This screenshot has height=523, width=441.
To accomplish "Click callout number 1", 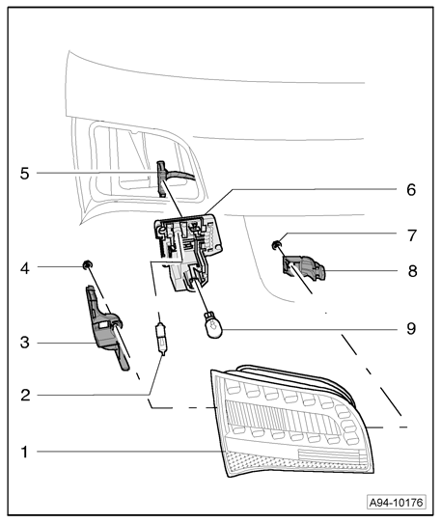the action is (24, 453).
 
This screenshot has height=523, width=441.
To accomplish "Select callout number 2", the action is (25, 396).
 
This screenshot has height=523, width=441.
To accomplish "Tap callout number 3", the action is (25, 343).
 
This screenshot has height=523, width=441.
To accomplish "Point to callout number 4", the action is (25, 268).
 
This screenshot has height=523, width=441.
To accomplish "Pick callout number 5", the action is (25, 174).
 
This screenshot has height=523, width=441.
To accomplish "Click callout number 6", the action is (411, 190).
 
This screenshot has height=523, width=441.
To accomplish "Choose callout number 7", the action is (412, 235).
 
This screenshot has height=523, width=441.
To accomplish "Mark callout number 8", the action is (413, 271).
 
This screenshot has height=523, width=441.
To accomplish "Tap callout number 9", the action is (411, 328).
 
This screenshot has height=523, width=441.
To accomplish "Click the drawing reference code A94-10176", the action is (397, 503).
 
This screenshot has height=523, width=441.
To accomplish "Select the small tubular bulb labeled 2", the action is (161, 339).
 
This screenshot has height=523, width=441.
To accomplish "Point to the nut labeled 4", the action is (88, 264).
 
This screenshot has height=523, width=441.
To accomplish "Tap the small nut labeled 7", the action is (276, 246).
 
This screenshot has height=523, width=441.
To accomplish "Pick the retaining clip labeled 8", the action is (304, 267).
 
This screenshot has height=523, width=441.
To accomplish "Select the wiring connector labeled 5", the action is (161, 179).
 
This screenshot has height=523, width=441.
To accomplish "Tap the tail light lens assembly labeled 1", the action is (291, 421).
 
